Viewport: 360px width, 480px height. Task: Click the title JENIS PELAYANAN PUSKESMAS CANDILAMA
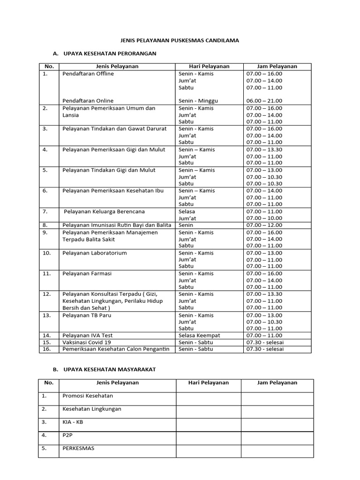(180, 41)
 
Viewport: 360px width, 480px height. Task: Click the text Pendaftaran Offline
(88, 74)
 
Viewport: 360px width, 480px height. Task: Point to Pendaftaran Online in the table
(88, 101)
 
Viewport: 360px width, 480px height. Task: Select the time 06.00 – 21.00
(264, 101)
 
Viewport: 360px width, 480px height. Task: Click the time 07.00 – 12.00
(264, 225)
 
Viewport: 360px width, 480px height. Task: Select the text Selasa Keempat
(199, 336)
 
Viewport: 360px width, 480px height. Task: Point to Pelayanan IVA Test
(88, 336)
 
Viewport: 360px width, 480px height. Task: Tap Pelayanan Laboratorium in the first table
(95, 253)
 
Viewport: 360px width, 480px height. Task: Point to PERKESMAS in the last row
(78, 448)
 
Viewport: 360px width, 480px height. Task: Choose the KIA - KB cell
(73, 422)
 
